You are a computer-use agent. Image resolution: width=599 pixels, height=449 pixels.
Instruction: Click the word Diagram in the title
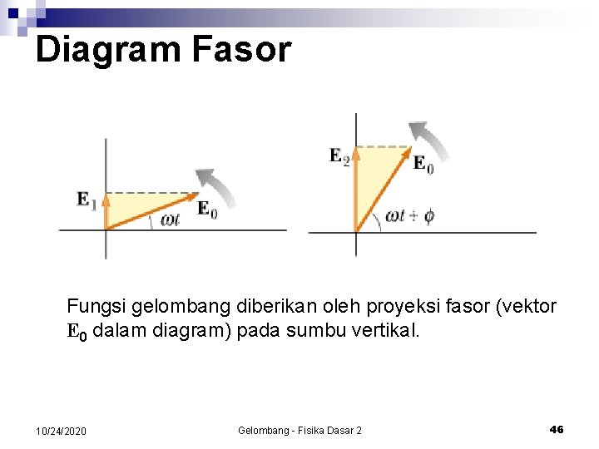click(108, 50)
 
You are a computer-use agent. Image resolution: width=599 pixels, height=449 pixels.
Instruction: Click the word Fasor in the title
click(241, 50)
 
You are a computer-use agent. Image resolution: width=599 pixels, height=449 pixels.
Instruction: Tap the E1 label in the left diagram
click(87, 200)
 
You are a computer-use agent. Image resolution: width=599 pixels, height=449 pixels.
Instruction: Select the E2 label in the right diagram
click(339, 155)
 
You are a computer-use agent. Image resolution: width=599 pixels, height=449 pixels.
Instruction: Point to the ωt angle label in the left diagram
click(171, 219)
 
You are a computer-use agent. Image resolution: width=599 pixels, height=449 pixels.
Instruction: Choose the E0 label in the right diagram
click(423, 164)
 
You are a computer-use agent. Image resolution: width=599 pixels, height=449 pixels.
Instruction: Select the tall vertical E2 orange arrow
click(356, 188)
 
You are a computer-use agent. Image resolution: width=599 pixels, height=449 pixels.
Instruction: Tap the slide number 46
click(557, 429)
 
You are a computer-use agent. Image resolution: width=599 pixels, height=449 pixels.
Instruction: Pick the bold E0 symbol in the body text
click(77, 332)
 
